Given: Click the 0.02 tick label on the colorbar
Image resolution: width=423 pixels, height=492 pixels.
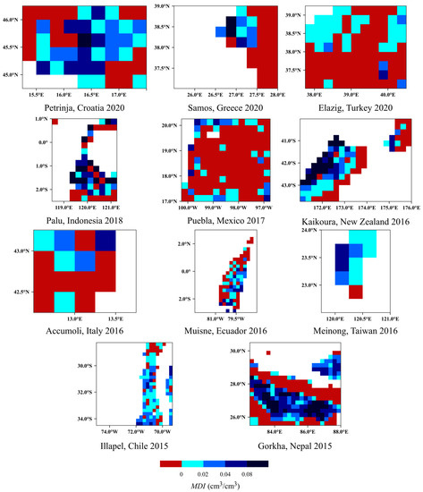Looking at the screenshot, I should coord(201,471).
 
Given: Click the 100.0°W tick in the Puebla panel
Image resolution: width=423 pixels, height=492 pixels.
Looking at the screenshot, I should coord(171,204).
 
